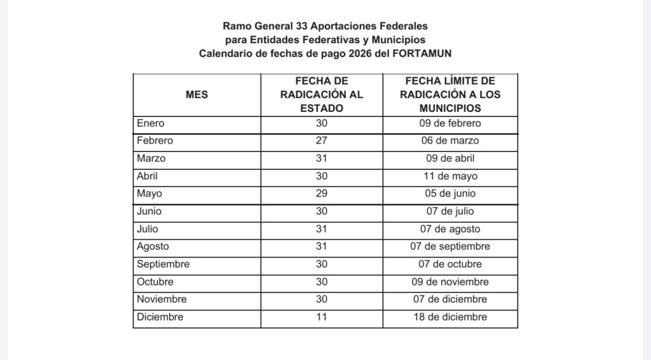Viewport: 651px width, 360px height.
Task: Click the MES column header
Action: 196,95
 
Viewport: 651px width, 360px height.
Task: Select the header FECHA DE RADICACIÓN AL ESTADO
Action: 322,95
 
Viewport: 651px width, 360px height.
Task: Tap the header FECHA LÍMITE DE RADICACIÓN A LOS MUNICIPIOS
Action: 450,95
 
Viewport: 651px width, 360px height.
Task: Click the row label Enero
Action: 150,123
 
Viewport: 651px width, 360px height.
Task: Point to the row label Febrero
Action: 154,141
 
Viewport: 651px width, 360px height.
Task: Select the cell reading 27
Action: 322,141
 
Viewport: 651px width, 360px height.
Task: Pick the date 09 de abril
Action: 450,158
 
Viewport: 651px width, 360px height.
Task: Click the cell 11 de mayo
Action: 450,176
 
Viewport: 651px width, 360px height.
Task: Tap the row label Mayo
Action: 149,193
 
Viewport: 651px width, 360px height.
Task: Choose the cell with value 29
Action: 322,193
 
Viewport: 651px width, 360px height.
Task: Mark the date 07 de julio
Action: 450,211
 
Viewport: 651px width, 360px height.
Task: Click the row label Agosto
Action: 153,246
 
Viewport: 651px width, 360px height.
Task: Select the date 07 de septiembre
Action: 450,246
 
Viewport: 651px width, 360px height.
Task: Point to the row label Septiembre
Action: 163,264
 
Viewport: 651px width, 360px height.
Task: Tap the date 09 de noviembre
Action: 450,282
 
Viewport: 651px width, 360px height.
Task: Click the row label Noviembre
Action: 161,299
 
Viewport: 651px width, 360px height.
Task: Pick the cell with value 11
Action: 322,317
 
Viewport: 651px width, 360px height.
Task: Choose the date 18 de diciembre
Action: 450,317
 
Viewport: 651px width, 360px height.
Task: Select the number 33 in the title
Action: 302,27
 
